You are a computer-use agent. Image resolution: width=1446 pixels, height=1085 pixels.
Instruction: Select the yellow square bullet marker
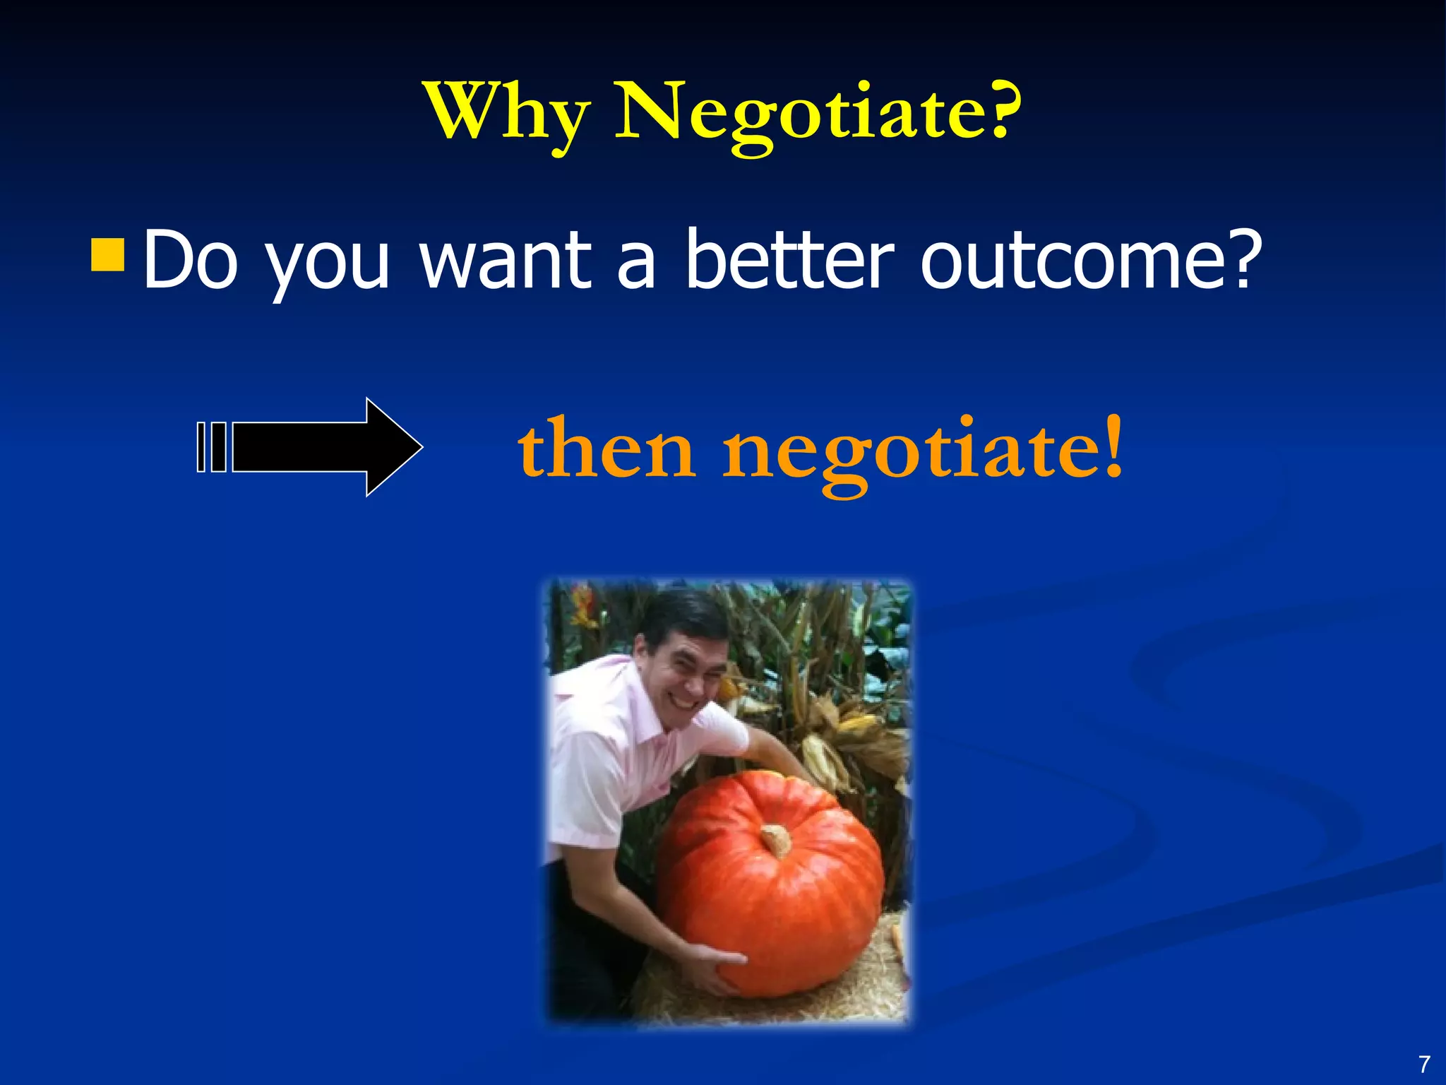coord(108,255)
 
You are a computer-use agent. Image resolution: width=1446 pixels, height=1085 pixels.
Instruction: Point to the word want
coord(506,259)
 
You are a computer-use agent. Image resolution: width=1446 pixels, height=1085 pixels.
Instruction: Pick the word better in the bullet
coord(789,259)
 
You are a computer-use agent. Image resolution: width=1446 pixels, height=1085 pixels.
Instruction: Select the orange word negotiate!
coord(921,452)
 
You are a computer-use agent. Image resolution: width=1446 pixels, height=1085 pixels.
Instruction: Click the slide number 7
coord(1424,1064)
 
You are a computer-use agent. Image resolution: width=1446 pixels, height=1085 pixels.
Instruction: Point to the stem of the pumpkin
coord(777,840)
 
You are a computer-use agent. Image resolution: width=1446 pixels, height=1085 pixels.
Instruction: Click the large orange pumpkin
coord(770,890)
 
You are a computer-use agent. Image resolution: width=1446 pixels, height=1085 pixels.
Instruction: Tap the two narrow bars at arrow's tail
coord(211,446)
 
